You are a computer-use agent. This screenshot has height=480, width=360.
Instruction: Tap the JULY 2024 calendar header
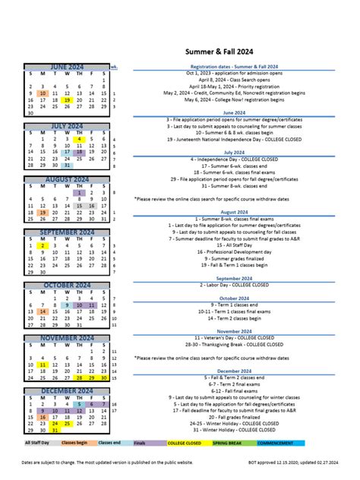[x=67, y=127]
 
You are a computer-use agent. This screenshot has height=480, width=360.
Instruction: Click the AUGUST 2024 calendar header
[x=67, y=180]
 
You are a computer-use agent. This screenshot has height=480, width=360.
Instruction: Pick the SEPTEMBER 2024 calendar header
[x=67, y=232]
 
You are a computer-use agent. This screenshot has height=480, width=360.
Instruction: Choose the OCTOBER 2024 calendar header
[x=67, y=286]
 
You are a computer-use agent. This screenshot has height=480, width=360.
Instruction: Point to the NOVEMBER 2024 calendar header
[x=67, y=338]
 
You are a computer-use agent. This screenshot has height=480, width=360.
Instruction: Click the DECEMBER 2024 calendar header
[x=67, y=391]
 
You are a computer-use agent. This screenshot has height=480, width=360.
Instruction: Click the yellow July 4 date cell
[x=80, y=140]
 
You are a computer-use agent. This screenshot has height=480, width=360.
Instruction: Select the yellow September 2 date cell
[x=43, y=245]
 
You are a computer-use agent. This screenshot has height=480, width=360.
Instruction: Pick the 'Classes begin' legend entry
[x=74, y=442]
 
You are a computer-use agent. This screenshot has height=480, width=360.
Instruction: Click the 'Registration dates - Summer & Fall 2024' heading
[x=234, y=67]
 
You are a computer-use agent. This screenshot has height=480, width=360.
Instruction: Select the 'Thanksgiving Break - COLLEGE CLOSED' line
[x=234, y=344]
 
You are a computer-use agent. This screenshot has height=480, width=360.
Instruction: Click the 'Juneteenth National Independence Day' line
[x=234, y=139]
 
